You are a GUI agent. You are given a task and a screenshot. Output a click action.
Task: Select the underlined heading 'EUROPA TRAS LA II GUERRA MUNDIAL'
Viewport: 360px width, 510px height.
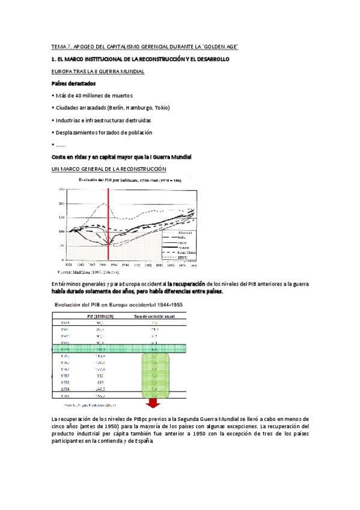(97, 71)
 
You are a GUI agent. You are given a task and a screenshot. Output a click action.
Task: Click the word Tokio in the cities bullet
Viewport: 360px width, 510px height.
(163, 108)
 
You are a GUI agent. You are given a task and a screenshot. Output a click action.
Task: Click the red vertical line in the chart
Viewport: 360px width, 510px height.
(109, 223)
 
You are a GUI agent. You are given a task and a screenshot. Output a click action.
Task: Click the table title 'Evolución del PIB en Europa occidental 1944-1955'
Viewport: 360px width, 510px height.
(120, 305)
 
